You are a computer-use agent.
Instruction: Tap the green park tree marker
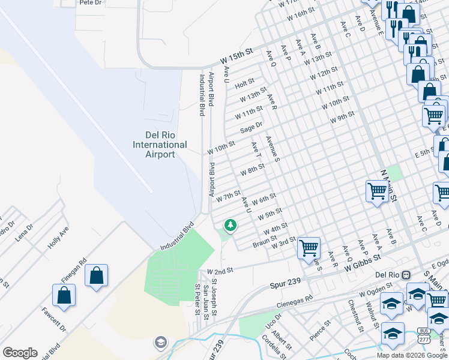coord(229,226)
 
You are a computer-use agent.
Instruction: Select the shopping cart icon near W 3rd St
coord(309,247)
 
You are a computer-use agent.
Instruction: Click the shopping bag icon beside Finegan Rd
coord(96,276)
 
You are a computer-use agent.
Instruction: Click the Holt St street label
coord(245,83)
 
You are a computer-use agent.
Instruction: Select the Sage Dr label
coord(252,127)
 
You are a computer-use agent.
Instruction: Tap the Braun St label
coord(264,241)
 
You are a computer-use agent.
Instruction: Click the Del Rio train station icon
coord(406,274)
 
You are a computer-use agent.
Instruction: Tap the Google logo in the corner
coord(20,352)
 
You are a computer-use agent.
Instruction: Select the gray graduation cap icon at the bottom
coord(160,343)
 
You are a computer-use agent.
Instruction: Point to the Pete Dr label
coord(91,2)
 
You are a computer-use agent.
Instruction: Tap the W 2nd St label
coord(220,271)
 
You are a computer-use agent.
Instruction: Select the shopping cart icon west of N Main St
coord(376,192)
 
